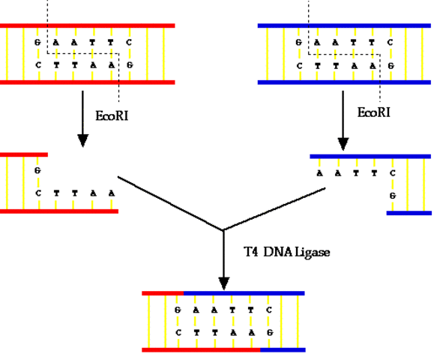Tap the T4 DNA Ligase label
coord(287,252)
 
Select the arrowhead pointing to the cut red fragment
coord(82,140)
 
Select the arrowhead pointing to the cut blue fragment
coord(343,141)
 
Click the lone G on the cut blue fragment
coord(391,195)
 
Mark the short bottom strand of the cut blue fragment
coord(409,212)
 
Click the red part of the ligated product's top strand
coord(163,292)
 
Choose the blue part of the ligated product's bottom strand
coord(283,349)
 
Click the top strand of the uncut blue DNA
coord(344,25)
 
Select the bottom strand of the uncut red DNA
coord(87,81)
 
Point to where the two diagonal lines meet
coord(223,230)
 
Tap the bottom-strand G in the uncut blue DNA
coord(390,65)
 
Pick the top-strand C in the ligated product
coord(268,310)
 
